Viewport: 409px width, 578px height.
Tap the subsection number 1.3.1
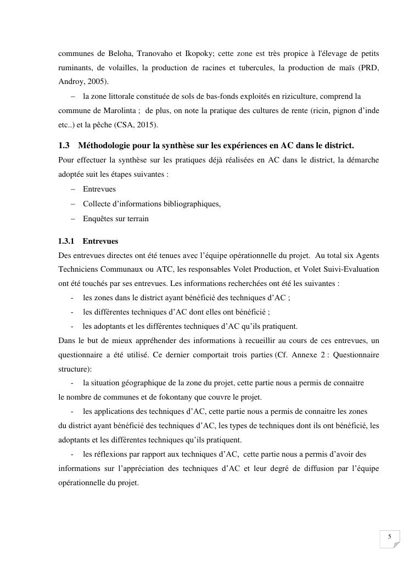pos(66,241)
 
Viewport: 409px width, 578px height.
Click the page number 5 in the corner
pos(389,536)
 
